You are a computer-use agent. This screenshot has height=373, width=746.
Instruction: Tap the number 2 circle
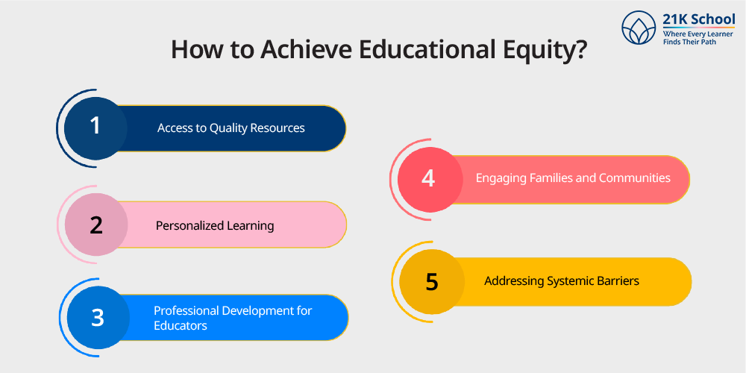[95, 225]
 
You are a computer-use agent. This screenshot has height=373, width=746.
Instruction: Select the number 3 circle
[98, 317]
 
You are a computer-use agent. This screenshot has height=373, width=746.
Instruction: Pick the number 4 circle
[427, 179]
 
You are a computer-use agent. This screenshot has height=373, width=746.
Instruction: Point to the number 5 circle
[431, 281]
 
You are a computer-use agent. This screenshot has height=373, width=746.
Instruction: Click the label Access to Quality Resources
[231, 128]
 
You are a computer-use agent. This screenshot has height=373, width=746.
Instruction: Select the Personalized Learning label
[215, 225]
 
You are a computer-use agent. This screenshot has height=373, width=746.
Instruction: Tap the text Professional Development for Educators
[232, 318]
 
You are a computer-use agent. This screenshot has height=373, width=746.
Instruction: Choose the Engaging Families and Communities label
[573, 178]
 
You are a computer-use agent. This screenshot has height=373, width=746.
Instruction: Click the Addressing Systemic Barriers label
[561, 281]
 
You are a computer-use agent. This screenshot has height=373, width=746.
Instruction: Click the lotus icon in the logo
[639, 28]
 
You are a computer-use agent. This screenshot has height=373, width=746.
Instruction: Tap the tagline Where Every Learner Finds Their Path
[697, 38]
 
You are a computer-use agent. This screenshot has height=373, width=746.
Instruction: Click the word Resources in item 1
[276, 128]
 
